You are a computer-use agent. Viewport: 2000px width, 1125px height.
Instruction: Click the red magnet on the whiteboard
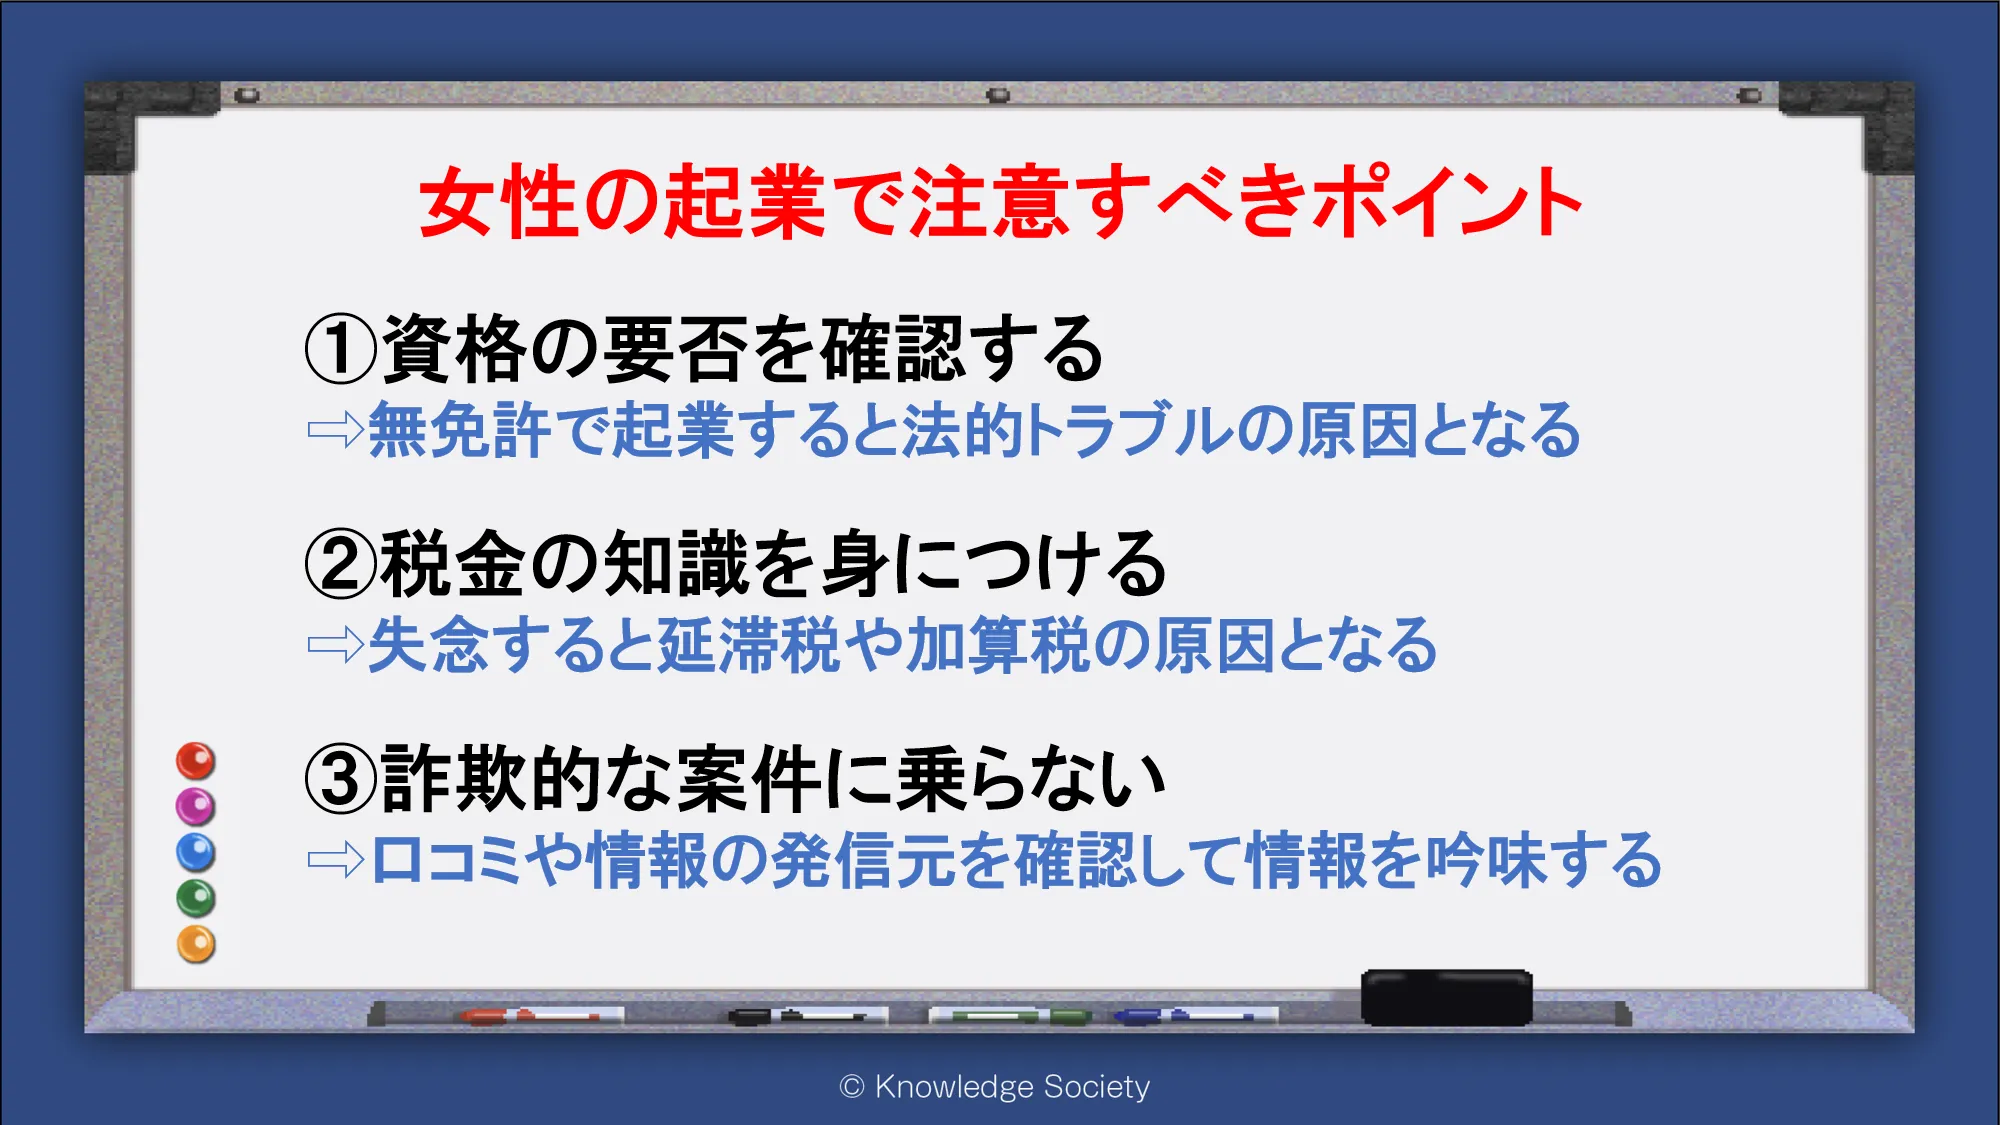click(196, 761)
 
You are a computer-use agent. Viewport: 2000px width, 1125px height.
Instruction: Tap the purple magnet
click(196, 806)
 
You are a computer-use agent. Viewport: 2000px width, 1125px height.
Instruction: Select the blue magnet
click(196, 852)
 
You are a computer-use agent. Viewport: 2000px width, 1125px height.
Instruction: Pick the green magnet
click(196, 898)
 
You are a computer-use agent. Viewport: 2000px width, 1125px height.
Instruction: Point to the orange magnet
click(196, 944)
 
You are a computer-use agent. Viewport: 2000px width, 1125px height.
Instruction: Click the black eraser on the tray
click(1446, 997)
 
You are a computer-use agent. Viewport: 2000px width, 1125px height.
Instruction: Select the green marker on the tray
click(1010, 1016)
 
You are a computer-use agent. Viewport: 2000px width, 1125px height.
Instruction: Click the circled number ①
click(341, 349)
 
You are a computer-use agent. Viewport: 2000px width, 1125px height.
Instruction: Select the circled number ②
click(341, 564)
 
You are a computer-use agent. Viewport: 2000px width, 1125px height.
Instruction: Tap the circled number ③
click(341, 779)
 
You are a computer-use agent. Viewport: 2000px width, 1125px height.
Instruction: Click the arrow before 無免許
click(336, 430)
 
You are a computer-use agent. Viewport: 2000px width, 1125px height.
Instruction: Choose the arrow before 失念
click(336, 645)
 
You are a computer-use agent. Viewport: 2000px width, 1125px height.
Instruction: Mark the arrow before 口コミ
click(336, 859)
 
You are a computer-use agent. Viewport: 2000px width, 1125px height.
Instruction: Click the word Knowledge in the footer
click(954, 1087)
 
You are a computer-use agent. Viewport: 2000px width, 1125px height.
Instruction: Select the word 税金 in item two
click(452, 564)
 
